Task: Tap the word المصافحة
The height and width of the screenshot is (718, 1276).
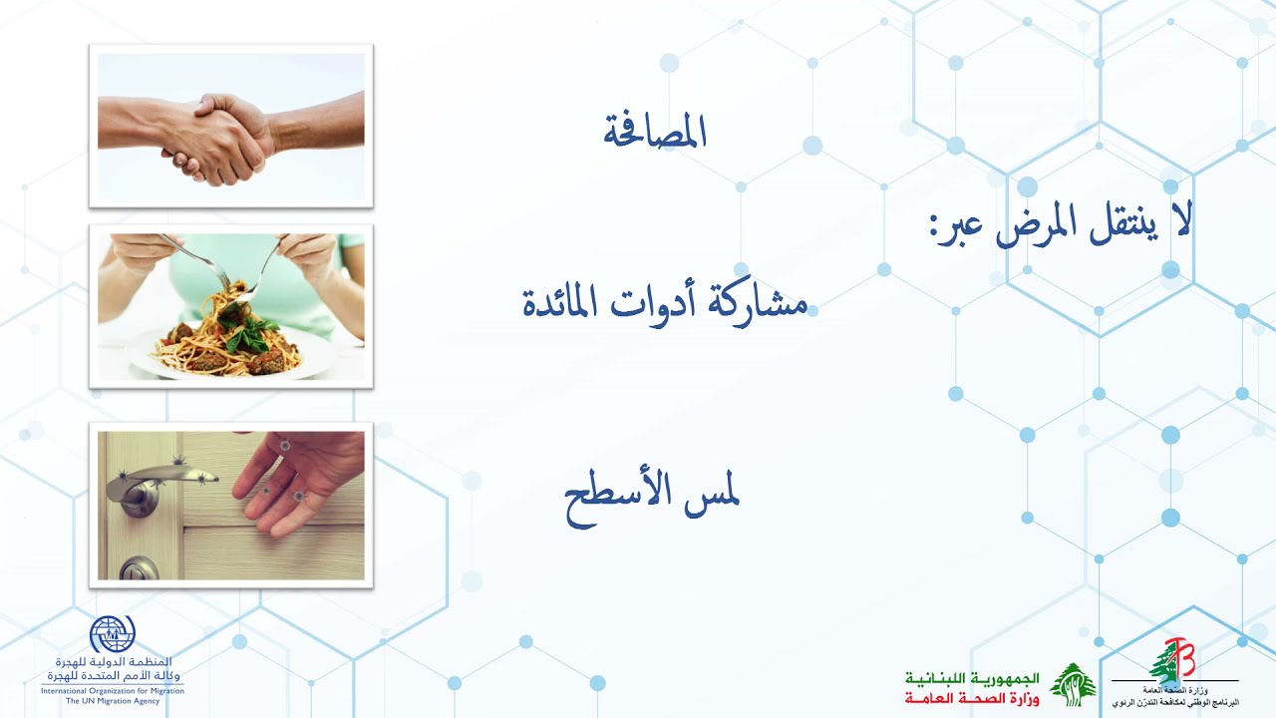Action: point(655,133)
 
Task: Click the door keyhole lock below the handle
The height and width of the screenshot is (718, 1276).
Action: point(139,569)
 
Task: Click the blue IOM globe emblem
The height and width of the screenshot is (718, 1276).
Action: point(112,635)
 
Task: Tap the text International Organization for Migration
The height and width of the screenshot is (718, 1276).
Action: point(113,690)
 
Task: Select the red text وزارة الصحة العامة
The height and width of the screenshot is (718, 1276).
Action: point(973,699)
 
